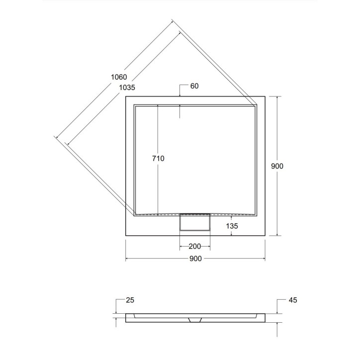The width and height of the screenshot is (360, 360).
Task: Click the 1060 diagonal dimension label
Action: coord(120,77)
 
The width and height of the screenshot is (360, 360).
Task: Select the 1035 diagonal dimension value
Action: coord(127,87)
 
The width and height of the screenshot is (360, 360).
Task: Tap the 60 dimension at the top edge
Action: coord(194,86)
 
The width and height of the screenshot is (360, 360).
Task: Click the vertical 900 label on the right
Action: coord(277,166)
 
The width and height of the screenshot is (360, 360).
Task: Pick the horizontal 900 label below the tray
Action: coord(195,259)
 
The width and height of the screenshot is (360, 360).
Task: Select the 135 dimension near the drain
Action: coord(232,226)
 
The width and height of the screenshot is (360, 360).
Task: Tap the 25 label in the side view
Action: coord(130,300)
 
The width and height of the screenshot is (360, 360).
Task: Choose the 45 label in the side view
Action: coord(292,300)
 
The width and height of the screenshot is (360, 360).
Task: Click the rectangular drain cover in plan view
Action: coord(195,223)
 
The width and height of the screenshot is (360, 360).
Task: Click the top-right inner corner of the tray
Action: coord(257,105)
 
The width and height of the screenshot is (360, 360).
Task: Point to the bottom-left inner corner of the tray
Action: coord(134,215)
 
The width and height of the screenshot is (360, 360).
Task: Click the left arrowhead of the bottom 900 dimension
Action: coord(127,259)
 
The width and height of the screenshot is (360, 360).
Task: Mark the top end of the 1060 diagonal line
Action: coord(172,20)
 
